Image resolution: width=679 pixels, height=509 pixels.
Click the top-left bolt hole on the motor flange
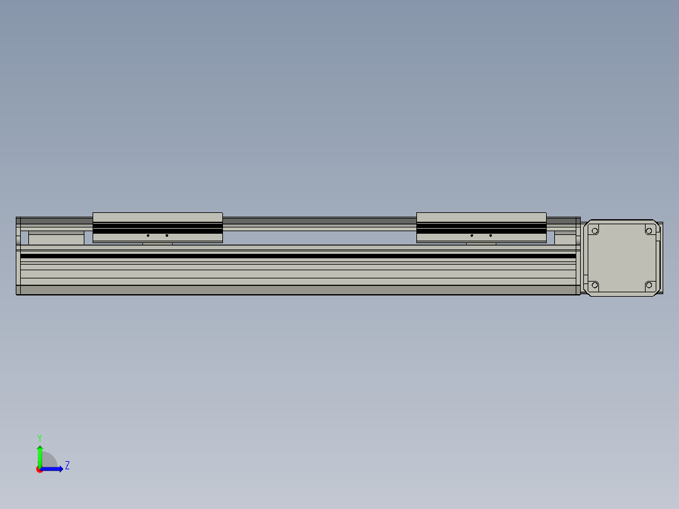pos(593,231)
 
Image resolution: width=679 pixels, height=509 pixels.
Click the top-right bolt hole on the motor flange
pos(649,231)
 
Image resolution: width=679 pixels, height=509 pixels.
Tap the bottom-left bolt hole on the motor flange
pos(593,285)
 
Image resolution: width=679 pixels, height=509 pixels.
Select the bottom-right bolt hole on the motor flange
pos(649,285)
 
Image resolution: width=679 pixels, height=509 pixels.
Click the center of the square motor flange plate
pos(621,258)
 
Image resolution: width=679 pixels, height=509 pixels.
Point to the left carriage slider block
pos(157,227)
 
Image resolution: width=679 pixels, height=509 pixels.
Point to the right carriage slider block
pos(481,227)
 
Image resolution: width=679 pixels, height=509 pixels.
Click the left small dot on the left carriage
pos(148,236)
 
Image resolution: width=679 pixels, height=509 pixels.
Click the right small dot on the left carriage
pos(167,236)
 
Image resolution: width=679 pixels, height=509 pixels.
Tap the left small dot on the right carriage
pos(472,236)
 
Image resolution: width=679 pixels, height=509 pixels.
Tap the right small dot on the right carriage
pos(491,236)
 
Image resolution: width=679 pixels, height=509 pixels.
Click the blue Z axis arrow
pos(54,469)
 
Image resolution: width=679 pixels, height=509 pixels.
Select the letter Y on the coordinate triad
pos(39,437)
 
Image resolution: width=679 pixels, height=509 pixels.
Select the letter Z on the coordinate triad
pos(67,466)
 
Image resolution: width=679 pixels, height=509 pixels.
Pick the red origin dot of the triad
pos(40,469)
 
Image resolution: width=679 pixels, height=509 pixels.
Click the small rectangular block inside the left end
pos(56,239)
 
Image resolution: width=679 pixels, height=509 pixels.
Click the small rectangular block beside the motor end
pos(565,239)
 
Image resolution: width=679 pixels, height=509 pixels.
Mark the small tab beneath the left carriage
pos(157,243)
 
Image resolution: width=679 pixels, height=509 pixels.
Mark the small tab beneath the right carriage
pos(481,243)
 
